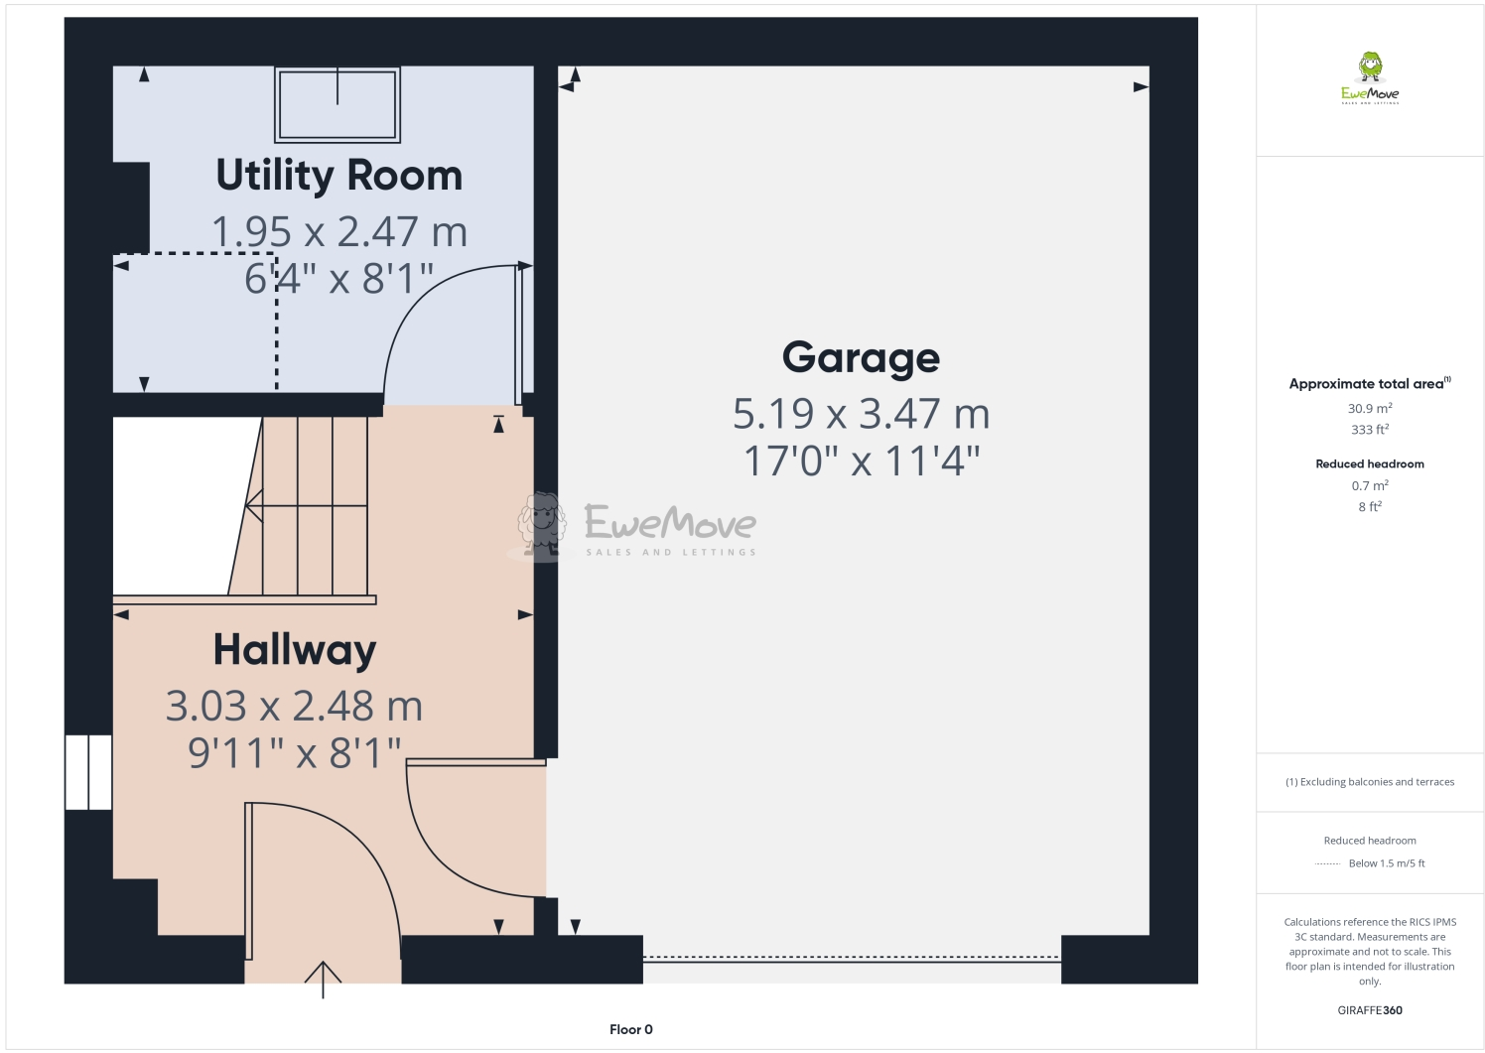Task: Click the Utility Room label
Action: coord(339,176)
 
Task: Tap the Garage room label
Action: coord(861,357)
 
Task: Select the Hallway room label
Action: coord(295,650)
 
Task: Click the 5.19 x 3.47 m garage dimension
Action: coord(861,414)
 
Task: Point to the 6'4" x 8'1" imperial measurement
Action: coord(339,279)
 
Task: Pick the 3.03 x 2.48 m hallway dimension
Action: coord(294,707)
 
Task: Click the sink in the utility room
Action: coord(337,105)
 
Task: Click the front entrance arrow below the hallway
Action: coord(323,978)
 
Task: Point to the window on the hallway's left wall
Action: coord(88,772)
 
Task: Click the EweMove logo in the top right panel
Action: coord(1370,79)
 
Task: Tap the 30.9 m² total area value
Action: coord(1370,408)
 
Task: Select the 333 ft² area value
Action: coord(1370,430)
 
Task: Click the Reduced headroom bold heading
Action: coord(1370,463)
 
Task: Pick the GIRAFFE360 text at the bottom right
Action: coord(1370,1010)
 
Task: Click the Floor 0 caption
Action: coord(631,1029)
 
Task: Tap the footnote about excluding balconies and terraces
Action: coord(1370,782)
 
